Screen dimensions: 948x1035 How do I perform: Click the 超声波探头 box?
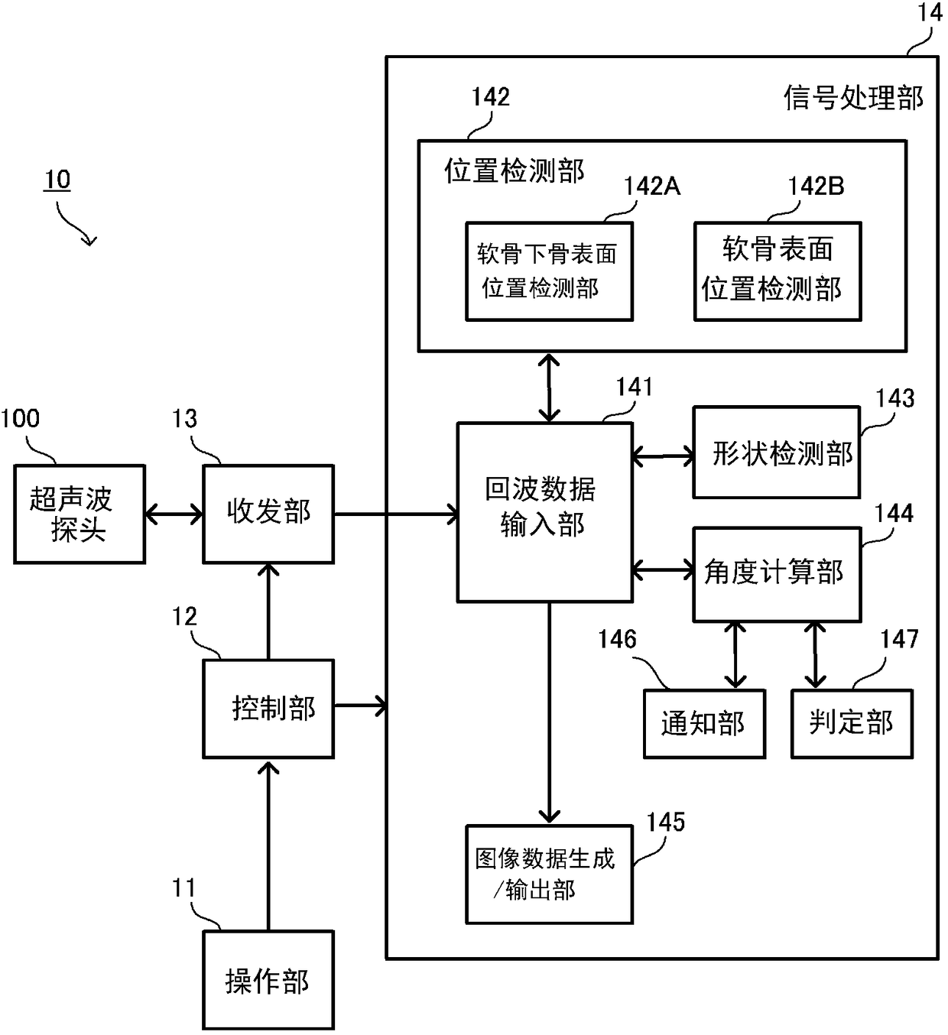[80, 514]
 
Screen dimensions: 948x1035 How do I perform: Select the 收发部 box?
[268, 514]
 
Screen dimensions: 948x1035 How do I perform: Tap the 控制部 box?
[268, 709]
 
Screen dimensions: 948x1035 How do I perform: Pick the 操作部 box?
[268, 980]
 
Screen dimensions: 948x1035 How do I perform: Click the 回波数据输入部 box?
[545, 512]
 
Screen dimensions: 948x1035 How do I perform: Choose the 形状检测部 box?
[777, 453]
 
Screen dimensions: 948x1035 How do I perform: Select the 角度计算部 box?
[777, 575]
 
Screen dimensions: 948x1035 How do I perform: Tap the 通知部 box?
[704, 724]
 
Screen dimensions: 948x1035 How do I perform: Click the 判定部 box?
[852, 724]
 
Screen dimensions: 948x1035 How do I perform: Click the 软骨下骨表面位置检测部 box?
[550, 272]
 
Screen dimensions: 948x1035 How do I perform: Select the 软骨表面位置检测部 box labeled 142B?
[778, 272]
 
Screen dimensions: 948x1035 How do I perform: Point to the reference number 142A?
[652, 187]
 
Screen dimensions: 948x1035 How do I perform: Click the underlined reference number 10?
[57, 180]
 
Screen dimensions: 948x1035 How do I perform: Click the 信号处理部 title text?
[853, 98]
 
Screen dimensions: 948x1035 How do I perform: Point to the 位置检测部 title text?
[515, 170]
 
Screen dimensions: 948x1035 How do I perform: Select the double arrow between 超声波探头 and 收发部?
[174, 514]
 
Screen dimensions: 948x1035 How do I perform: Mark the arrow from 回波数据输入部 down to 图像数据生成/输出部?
[550, 713]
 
